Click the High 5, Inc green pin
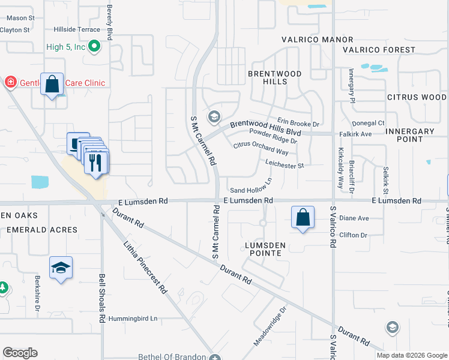[x=94, y=46]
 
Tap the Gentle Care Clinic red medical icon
[x=10, y=83]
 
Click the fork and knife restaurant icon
[x=96, y=161]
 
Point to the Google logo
[x=20, y=353]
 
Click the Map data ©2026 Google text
[x=411, y=355]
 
